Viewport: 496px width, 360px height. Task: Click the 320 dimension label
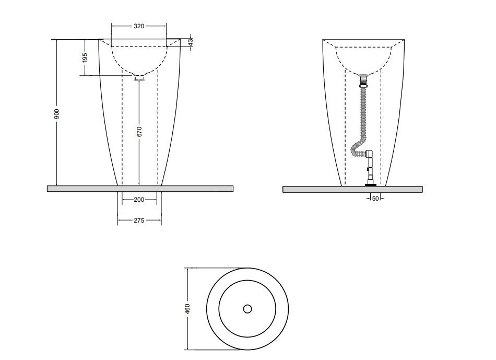pyautogui.click(x=139, y=26)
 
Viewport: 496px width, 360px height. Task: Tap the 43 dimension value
pyautogui.click(x=191, y=42)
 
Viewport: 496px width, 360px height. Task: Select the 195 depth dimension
pyautogui.click(x=85, y=57)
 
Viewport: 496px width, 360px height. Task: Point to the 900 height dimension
pyautogui.click(x=56, y=114)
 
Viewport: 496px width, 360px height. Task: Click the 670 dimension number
pyautogui.click(x=139, y=131)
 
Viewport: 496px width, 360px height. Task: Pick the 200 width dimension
pyautogui.click(x=139, y=200)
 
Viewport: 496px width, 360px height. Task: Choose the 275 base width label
pyautogui.click(x=139, y=220)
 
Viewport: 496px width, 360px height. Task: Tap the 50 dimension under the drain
pyautogui.click(x=375, y=199)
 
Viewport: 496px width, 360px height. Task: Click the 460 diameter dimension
pyautogui.click(x=187, y=309)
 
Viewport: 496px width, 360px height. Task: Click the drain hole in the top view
pyautogui.click(x=247, y=309)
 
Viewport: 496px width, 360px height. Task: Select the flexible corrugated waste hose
pyautogui.click(x=361, y=123)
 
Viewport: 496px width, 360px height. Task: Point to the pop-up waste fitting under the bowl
pyautogui.click(x=364, y=81)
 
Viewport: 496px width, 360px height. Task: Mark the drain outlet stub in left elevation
pyautogui.click(x=139, y=77)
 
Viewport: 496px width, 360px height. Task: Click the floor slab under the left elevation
pyautogui.click(x=140, y=189)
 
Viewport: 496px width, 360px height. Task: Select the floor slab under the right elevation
pyautogui.click(x=352, y=189)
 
